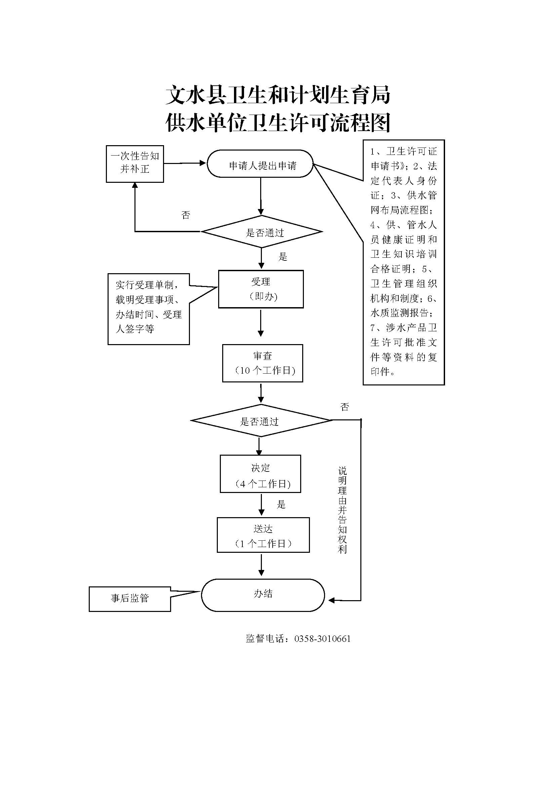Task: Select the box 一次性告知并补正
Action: click(134, 164)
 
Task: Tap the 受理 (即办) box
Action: click(261, 289)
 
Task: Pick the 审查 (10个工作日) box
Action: click(263, 363)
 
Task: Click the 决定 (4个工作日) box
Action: click(260, 474)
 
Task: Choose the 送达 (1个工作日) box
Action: click(263, 535)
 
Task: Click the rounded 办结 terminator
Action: click(263, 595)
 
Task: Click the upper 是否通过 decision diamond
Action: click(262, 232)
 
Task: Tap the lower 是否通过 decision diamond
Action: click(261, 421)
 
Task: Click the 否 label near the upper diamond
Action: click(186, 215)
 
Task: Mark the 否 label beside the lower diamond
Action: click(345, 407)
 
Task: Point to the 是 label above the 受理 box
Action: click(283, 257)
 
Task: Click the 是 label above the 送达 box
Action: click(281, 504)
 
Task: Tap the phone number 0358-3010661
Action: click(322, 639)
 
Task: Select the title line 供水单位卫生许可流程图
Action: click(278, 123)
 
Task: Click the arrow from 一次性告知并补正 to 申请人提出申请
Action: click(185, 163)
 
